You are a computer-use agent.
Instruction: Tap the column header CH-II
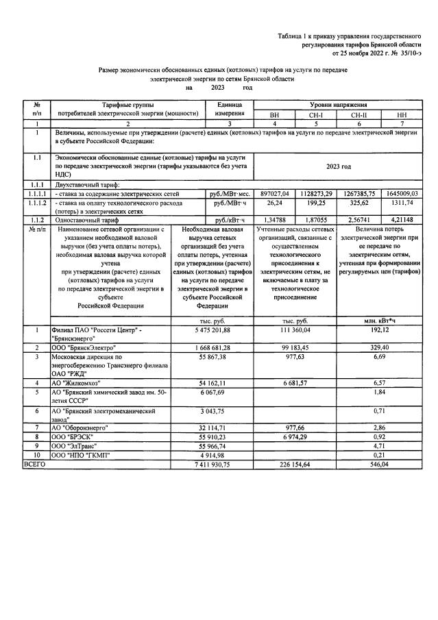360,115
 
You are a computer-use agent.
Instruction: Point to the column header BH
274,115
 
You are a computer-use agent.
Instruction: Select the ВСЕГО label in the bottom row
34,464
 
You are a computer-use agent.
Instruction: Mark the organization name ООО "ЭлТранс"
76,445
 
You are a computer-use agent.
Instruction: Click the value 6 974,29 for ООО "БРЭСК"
297,436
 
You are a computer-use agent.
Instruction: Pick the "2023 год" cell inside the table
336,166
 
